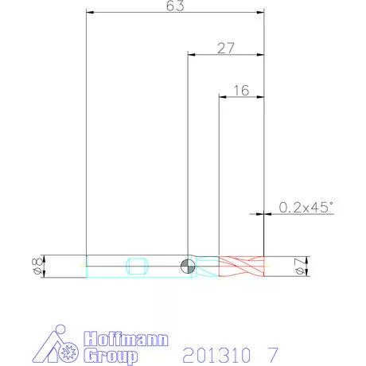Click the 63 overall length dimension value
(175, 6)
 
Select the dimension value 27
(226, 48)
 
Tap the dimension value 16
(241, 91)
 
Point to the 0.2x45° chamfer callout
(306, 207)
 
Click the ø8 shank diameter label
(37, 266)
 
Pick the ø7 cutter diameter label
(301, 267)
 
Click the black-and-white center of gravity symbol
(188, 266)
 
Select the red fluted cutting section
(241, 267)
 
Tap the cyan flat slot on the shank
(137, 266)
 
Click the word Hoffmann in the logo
(126, 339)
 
